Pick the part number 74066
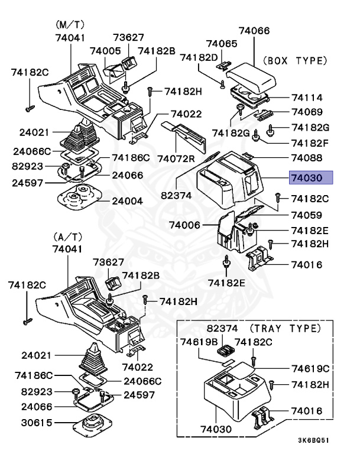[254, 31]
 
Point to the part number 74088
[306, 158]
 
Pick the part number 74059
[306, 216]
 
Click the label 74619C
[310, 368]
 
